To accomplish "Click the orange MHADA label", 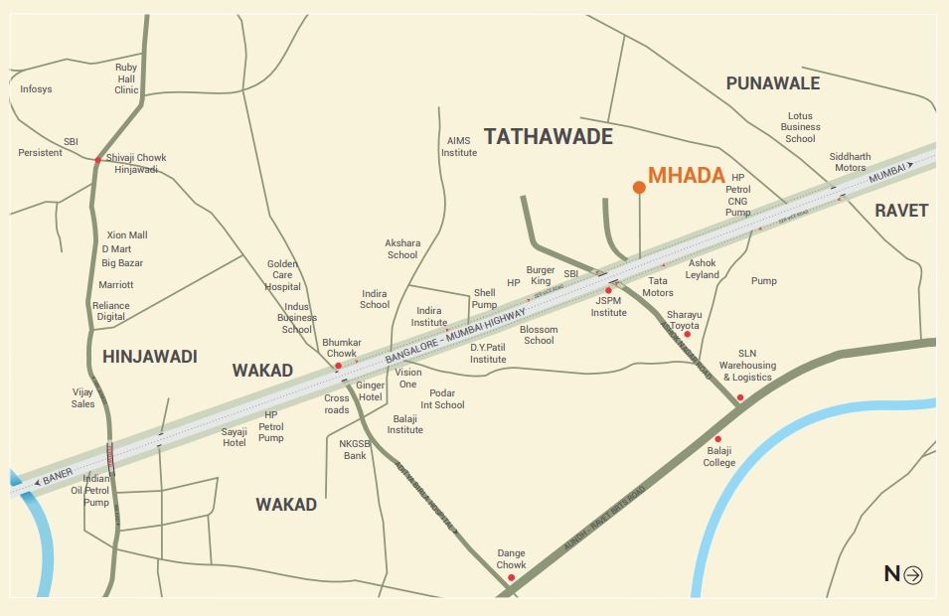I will (x=686, y=176).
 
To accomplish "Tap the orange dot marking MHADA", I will (x=639, y=187).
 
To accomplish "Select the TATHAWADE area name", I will (x=549, y=137).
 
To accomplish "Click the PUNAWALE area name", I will (x=773, y=83).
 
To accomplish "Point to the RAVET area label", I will (x=900, y=211).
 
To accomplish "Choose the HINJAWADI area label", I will (x=150, y=356).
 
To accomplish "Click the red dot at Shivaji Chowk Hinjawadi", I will (x=97, y=159).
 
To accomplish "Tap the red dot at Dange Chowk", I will (x=511, y=577).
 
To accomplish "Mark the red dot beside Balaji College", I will (x=718, y=439).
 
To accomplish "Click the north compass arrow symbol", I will (x=913, y=574).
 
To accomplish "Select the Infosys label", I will (x=36, y=89).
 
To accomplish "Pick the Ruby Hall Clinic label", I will (x=126, y=78).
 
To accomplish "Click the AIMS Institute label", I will (x=459, y=147).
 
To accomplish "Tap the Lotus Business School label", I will (x=800, y=127).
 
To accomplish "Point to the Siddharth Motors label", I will (x=850, y=162).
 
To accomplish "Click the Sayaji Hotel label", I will (x=234, y=437).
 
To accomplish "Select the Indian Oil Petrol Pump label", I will (x=96, y=491).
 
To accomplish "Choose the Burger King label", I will (x=541, y=275).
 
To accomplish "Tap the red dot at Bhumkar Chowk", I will (x=339, y=366).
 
